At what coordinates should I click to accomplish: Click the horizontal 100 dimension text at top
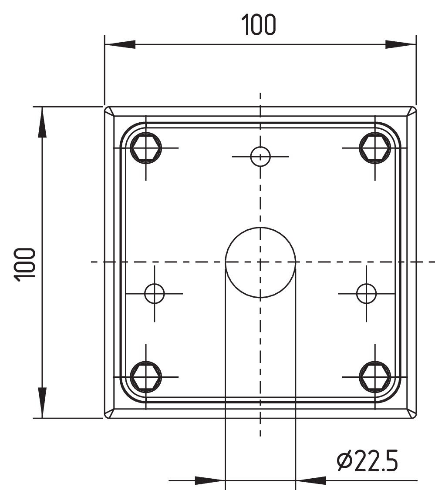click(259, 24)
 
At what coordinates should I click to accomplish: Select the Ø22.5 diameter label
click(368, 460)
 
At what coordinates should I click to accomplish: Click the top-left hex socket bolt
click(146, 148)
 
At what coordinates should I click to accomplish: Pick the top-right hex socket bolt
click(375, 148)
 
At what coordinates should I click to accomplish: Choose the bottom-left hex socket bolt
click(146, 377)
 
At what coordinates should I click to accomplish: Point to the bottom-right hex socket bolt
click(375, 377)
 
